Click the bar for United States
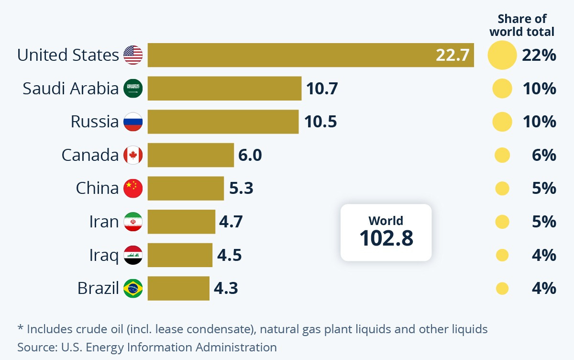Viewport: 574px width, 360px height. pos(287,55)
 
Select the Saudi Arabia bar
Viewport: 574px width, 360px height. pos(224,89)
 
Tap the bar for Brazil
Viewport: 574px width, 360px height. pos(178,288)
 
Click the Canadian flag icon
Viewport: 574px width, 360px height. pos(133,155)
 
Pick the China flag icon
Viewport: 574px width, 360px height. pos(133,188)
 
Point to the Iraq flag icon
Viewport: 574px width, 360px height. pos(133,255)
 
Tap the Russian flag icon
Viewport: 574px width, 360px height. pos(133,122)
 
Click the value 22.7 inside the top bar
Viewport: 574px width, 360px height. pos(452,55)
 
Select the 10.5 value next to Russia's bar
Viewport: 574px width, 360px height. pos(320,122)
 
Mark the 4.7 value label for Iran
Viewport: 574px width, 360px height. pos(231,222)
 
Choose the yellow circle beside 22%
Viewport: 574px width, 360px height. pos(502,55)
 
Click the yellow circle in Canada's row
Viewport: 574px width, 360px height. pos(502,155)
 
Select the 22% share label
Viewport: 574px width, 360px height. pos(539,55)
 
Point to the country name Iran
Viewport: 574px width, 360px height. pos(104,222)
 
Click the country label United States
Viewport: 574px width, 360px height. pos(68,55)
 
